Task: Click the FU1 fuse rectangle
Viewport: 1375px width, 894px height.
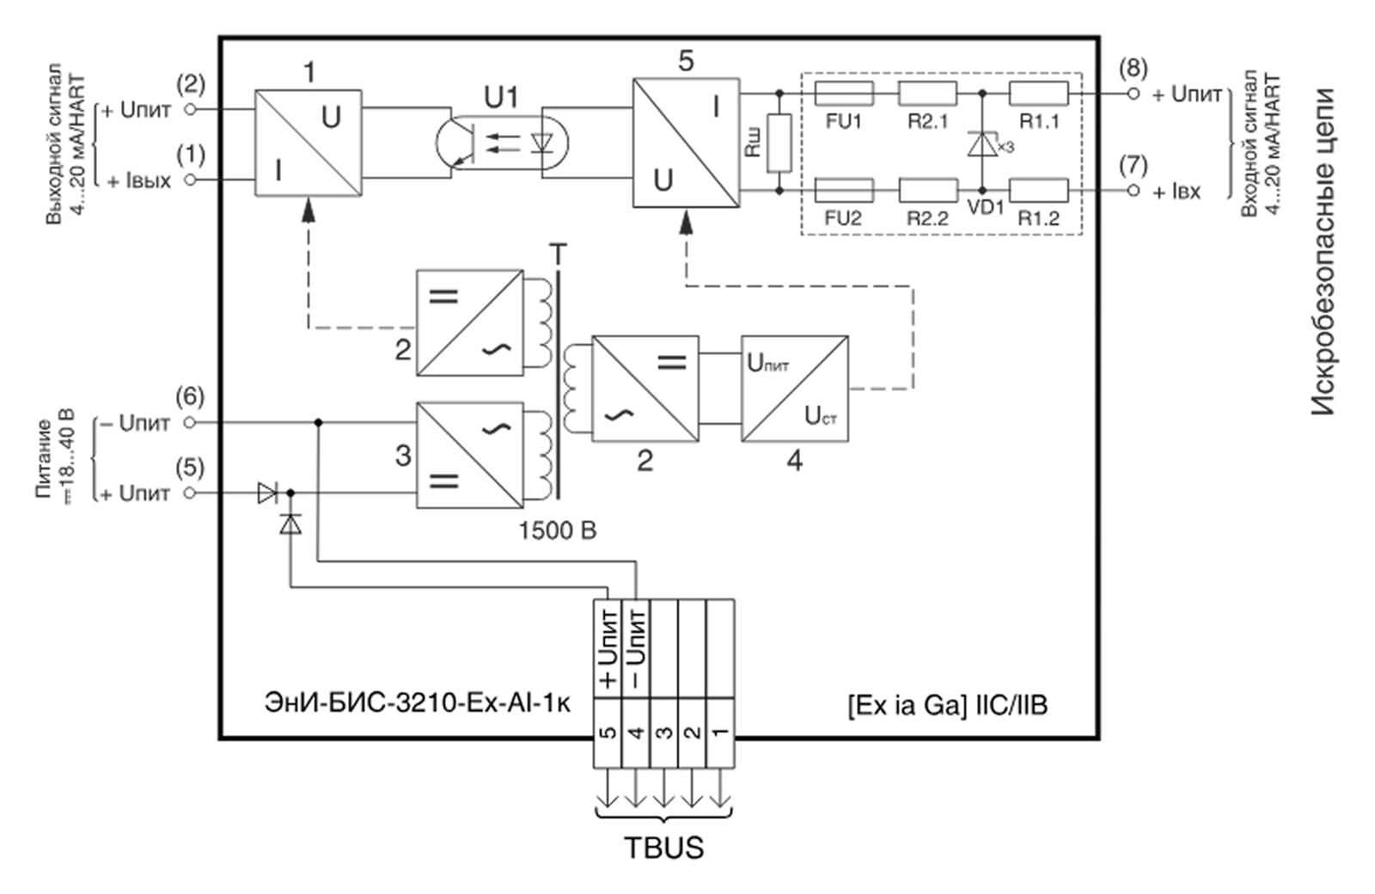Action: (843, 93)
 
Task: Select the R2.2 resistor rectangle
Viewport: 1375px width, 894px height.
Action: (927, 190)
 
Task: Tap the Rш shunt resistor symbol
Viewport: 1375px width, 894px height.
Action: (779, 142)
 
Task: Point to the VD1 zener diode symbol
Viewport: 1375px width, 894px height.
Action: (982, 144)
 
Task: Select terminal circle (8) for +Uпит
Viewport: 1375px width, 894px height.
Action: (1133, 93)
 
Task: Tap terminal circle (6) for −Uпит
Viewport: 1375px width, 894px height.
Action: (191, 422)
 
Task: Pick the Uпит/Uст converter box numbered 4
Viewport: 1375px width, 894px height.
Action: (795, 389)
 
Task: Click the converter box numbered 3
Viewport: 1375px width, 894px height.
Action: (469, 455)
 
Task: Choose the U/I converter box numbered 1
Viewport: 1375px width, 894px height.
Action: (308, 143)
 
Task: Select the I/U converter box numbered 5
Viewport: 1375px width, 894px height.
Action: (686, 143)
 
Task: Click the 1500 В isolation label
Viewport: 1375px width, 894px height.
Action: (557, 530)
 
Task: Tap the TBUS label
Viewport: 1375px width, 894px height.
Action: (663, 848)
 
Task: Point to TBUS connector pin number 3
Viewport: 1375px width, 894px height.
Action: (664, 733)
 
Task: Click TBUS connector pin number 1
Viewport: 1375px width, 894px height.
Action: (720, 733)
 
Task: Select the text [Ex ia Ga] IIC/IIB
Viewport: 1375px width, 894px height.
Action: (947, 706)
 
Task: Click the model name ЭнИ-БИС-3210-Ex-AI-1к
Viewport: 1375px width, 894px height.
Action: (418, 703)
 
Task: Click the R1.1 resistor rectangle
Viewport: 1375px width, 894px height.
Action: (1038, 93)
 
